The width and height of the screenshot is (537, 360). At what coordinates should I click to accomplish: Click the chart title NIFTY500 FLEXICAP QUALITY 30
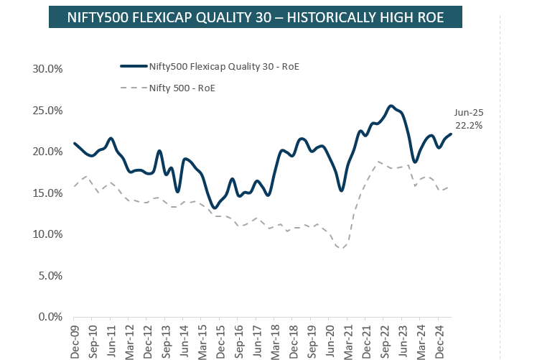[255, 17]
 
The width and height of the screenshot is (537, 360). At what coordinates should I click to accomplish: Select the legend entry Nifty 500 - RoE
[182, 88]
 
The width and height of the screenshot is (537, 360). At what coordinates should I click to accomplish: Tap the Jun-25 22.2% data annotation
[468, 119]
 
